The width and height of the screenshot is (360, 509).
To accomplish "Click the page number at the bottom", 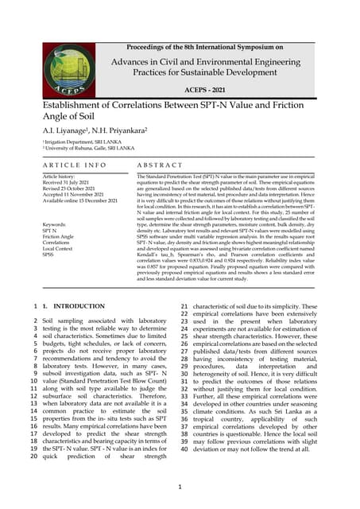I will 180,486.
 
